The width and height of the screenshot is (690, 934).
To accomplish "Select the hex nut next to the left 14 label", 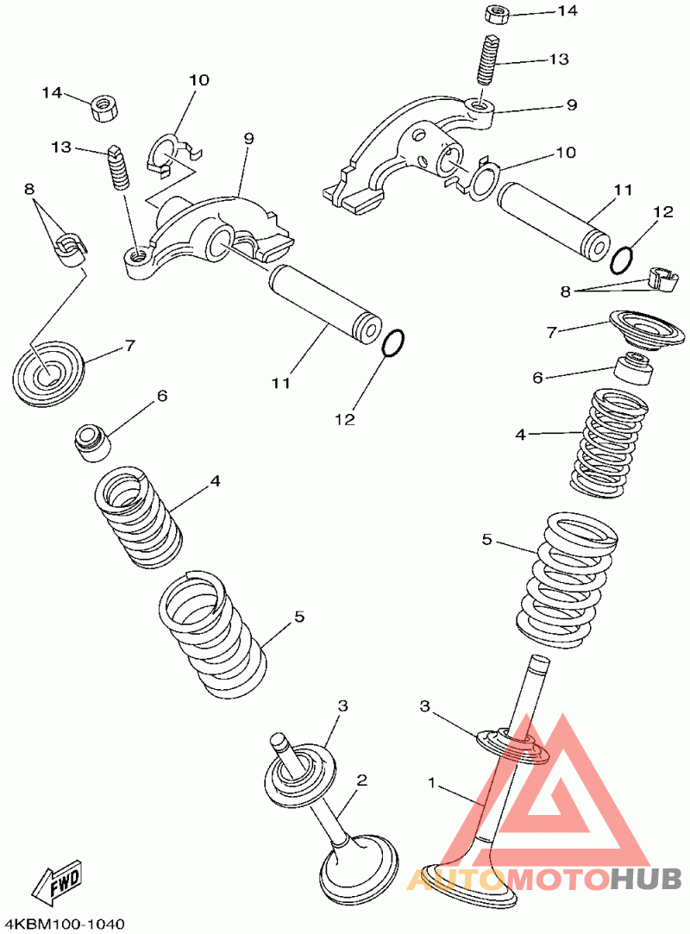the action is (x=104, y=109).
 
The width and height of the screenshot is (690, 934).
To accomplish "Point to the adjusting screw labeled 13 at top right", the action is (x=488, y=60).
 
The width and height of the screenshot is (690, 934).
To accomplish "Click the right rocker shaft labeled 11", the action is (x=553, y=221).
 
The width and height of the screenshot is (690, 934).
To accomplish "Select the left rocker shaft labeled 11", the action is (x=324, y=305).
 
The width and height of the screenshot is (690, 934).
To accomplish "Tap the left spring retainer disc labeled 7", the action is (x=49, y=373).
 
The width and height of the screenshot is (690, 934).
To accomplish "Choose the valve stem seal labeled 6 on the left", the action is (x=93, y=442).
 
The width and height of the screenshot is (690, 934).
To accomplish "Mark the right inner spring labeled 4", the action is (x=609, y=442).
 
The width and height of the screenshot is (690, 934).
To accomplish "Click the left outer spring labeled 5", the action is (x=212, y=635).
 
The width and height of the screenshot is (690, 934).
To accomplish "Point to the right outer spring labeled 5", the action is (x=566, y=580).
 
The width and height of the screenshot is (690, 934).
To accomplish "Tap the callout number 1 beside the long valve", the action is (x=432, y=781).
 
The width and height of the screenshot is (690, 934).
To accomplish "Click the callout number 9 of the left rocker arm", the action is (x=248, y=138).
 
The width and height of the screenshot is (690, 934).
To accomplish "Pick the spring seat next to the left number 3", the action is (x=301, y=771).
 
